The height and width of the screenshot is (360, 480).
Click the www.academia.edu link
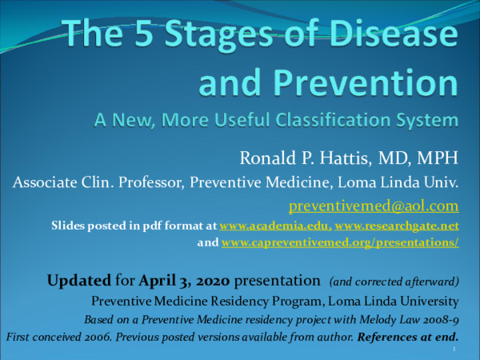(272, 227)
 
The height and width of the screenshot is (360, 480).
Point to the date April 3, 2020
(183, 281)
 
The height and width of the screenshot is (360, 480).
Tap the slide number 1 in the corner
(454, 349)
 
